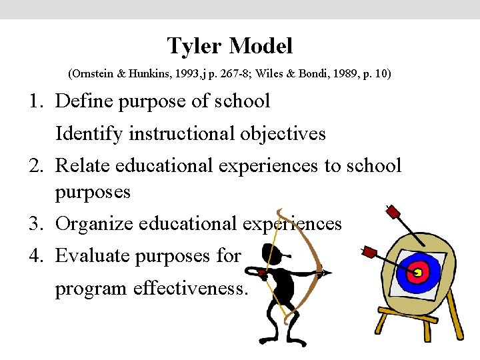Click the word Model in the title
pos(261,47)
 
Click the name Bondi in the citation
pos(307,73)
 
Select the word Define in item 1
pos(83,101)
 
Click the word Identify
pos(89,134)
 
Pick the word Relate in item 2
pos(83,165)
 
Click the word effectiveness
pos(191,289)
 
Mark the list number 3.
pos(34,224)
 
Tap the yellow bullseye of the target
pos(419,272)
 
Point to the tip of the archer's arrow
pos(327,272)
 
